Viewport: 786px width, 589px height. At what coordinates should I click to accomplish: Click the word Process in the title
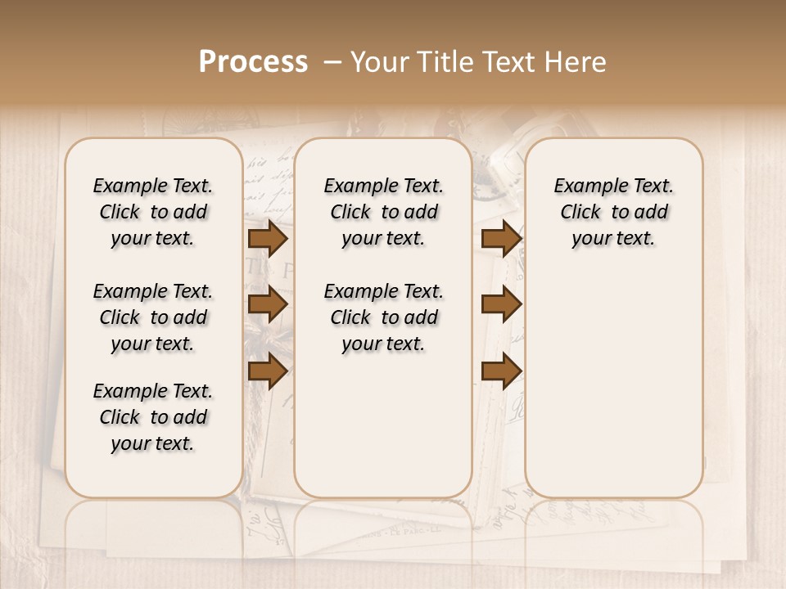[253, 62]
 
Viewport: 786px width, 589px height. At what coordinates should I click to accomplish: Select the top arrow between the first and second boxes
[268, 238]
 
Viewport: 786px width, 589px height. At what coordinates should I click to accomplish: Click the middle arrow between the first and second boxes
[268, 304]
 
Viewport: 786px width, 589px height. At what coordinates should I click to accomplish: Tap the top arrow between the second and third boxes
[501, 238]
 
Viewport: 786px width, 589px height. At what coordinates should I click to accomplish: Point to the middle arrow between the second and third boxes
[501, 304]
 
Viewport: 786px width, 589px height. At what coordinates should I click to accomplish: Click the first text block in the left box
[153, 212]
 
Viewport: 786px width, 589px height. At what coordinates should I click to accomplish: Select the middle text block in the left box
[153, 317]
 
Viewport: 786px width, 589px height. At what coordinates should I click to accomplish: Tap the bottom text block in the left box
[153, 417]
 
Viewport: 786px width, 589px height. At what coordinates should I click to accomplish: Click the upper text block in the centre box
[383, 212]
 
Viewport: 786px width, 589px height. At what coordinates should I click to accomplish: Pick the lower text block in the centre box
[383, 317]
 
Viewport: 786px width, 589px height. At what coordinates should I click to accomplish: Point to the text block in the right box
[614, 212]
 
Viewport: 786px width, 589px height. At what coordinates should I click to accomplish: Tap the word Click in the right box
[580, 213]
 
